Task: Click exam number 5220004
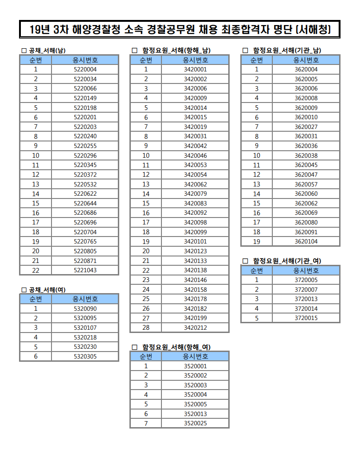coord(85,70)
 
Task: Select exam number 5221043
coord(85,270)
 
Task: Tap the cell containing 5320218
coord(85,337)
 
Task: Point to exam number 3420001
coord(195,70)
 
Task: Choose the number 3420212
coord(195,327)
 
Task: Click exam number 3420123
coord(195,251)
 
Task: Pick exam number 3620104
coord(306,242)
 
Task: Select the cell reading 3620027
coord(306,127)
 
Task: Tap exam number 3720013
coord(306,299)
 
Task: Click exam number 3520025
coord(195,423)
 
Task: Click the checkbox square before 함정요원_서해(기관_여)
coord(245,261)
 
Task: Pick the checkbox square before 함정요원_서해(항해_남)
coord(135,50)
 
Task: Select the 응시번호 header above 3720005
coord(306,270)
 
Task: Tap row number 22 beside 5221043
coord(35,270)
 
